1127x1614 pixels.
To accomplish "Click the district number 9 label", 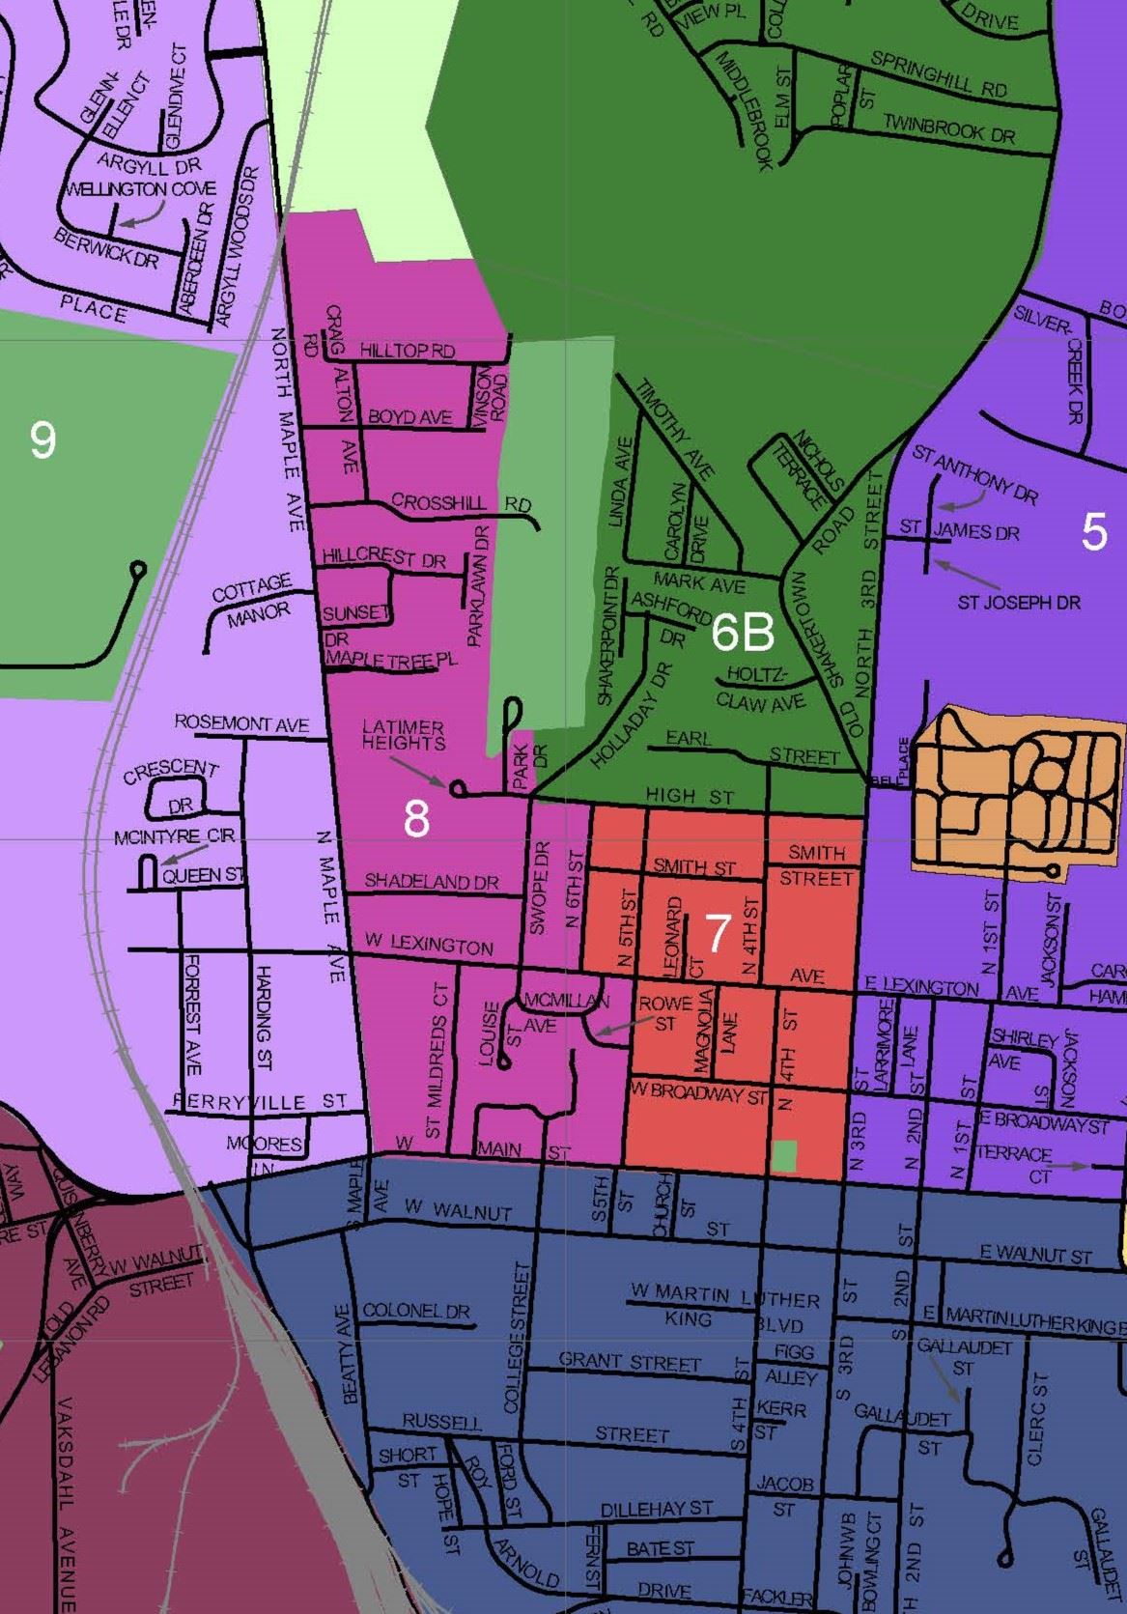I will point(42,439).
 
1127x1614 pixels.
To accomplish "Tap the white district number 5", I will point(1093,531).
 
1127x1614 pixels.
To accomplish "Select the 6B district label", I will point(743,633).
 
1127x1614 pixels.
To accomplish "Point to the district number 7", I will point(717,933).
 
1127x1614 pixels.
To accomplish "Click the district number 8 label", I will point(416,819).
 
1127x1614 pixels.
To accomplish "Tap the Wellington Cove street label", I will point(140,189).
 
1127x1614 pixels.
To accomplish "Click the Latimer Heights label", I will point(404,735).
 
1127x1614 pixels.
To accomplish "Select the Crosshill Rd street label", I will point(461,502).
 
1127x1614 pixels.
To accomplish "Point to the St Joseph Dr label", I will point(1018,603).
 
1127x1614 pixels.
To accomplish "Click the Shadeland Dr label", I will point(431,882).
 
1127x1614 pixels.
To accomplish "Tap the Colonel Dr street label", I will point(415,1312).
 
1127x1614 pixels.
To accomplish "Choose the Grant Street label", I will point(629,1362).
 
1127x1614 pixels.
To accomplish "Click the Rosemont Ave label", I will point(241,723).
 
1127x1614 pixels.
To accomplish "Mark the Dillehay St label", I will point(657,1508).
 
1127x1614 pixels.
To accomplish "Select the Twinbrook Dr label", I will point(948,128).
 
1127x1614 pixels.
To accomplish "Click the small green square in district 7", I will point(785,1155).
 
